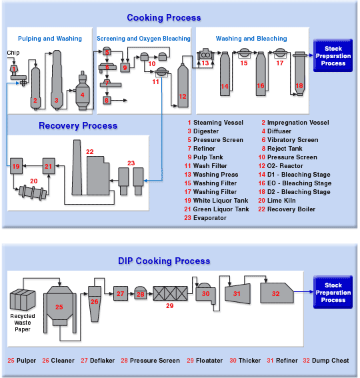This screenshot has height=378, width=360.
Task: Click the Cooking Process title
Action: click(163, 18)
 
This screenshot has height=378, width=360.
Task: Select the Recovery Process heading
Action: click(78, 125)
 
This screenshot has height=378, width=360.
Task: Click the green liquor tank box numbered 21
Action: click(48, 166)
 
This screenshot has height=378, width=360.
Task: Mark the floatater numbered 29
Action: click(169, 295)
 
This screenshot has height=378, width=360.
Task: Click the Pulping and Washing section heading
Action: click(50, 39)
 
